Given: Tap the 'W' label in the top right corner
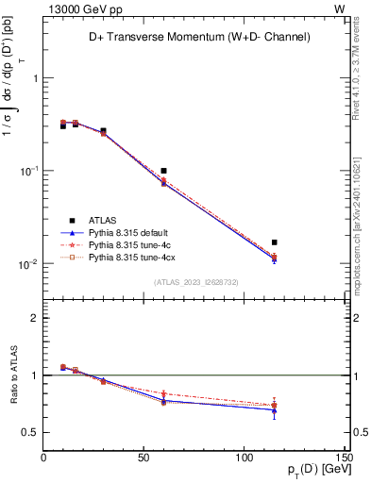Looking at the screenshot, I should click(340, 8).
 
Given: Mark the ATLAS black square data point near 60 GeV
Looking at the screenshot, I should click(163, 171).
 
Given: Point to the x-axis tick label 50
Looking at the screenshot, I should click(143, 459).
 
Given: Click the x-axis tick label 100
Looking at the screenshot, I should click(245, 459).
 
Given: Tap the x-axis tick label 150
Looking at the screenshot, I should click(343, 459).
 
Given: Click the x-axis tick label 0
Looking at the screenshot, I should click(43, 459).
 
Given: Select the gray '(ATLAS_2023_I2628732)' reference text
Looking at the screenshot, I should click(195, 281).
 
